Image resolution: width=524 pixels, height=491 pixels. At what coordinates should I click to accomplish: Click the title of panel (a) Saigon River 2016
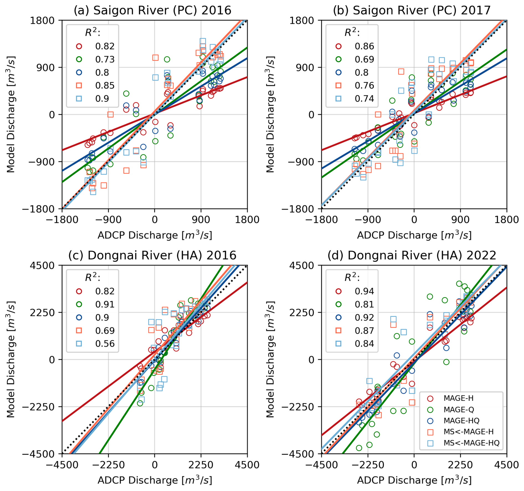(x=152, y=11)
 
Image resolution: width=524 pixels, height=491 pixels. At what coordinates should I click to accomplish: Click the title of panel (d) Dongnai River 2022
(x=412, y=255)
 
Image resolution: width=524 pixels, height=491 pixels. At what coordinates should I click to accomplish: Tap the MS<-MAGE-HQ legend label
(x=471, y=443)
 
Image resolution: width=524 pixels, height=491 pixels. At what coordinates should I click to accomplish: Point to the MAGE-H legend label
(x=458, y=398)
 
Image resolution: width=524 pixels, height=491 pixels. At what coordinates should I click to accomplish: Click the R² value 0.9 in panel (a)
(x=102, y=99)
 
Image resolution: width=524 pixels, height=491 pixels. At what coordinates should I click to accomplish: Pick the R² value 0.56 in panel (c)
(x=105, y=344)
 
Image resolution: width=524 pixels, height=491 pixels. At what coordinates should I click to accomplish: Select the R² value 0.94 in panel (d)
(x=364, y=291)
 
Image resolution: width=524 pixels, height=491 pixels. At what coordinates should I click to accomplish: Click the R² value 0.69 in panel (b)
(x=364, y=59)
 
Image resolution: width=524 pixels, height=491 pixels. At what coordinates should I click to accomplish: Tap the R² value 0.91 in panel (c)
(x=105, y=304)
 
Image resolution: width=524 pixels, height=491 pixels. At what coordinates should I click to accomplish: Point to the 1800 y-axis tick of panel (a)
(x=42, y=21)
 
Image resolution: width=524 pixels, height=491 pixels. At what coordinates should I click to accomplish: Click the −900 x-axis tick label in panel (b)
(x=368, y=220)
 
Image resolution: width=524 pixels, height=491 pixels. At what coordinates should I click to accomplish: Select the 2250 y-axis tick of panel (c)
(x=42, y=313)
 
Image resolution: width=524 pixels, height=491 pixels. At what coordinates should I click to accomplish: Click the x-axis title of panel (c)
(x=155, y=480)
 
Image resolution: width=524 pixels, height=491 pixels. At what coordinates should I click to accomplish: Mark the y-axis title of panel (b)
(x=270, y=114)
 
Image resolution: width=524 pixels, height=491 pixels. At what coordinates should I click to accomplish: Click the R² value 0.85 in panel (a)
(x=105, y=86)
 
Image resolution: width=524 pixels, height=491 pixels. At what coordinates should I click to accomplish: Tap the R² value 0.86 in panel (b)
(x=364, y=46)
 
